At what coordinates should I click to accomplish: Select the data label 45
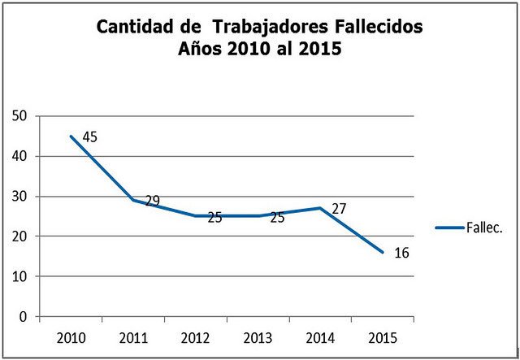(89, 137)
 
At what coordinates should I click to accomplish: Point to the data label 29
(152, 201)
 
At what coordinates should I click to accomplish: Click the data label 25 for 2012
(214, 217)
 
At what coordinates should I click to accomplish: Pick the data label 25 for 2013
(277, 217)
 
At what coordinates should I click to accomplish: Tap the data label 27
(339, 209)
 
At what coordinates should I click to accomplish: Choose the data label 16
(401, 253)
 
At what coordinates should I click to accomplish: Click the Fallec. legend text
(485, 228)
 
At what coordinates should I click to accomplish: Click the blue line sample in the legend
(449, 228)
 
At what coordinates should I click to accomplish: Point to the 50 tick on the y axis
(20, 116)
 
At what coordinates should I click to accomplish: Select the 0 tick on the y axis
(24, 317)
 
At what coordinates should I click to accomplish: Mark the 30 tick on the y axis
(20, 197)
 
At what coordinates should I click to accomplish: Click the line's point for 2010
(71, 137)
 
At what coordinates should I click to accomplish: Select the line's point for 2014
(320, 208)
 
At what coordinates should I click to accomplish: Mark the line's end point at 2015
(383, 252)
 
